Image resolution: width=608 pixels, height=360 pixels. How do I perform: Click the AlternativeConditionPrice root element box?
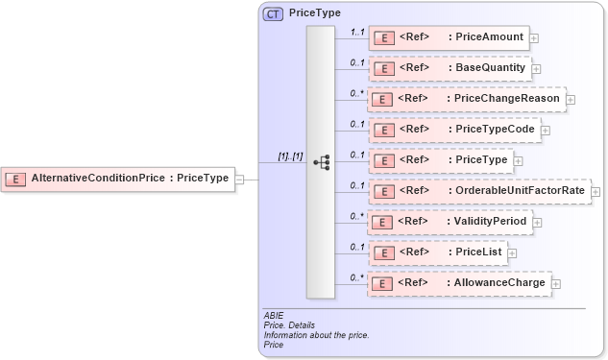(119, 178)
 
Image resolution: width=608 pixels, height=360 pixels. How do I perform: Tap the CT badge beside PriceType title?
(273, 14)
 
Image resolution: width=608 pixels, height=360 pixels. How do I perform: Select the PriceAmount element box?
(449, 38)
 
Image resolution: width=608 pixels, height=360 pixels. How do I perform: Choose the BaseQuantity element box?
(449, 69)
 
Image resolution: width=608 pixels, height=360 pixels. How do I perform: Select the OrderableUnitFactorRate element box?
(478, 191)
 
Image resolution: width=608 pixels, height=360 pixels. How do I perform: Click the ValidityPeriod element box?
(450, 222)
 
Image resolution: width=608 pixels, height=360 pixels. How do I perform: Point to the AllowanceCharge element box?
(459, 283)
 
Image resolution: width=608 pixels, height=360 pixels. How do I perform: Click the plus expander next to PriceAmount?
(534, 38)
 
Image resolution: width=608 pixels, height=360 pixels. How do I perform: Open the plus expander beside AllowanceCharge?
(556, 284)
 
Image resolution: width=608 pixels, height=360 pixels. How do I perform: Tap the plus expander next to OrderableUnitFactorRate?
(596, 192)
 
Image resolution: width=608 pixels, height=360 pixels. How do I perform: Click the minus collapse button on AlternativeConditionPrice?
(239, 179)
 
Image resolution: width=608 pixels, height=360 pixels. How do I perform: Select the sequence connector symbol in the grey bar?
(321, 162)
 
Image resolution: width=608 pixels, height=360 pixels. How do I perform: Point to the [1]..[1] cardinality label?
(290, 156)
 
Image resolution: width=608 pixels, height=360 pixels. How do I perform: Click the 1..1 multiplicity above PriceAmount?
(356, 32)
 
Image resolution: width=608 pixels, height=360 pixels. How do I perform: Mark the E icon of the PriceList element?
(384, 253)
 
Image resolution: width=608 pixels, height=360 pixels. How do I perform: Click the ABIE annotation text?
(274, 315)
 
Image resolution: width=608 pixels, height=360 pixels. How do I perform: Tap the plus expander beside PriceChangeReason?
(571, 100)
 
